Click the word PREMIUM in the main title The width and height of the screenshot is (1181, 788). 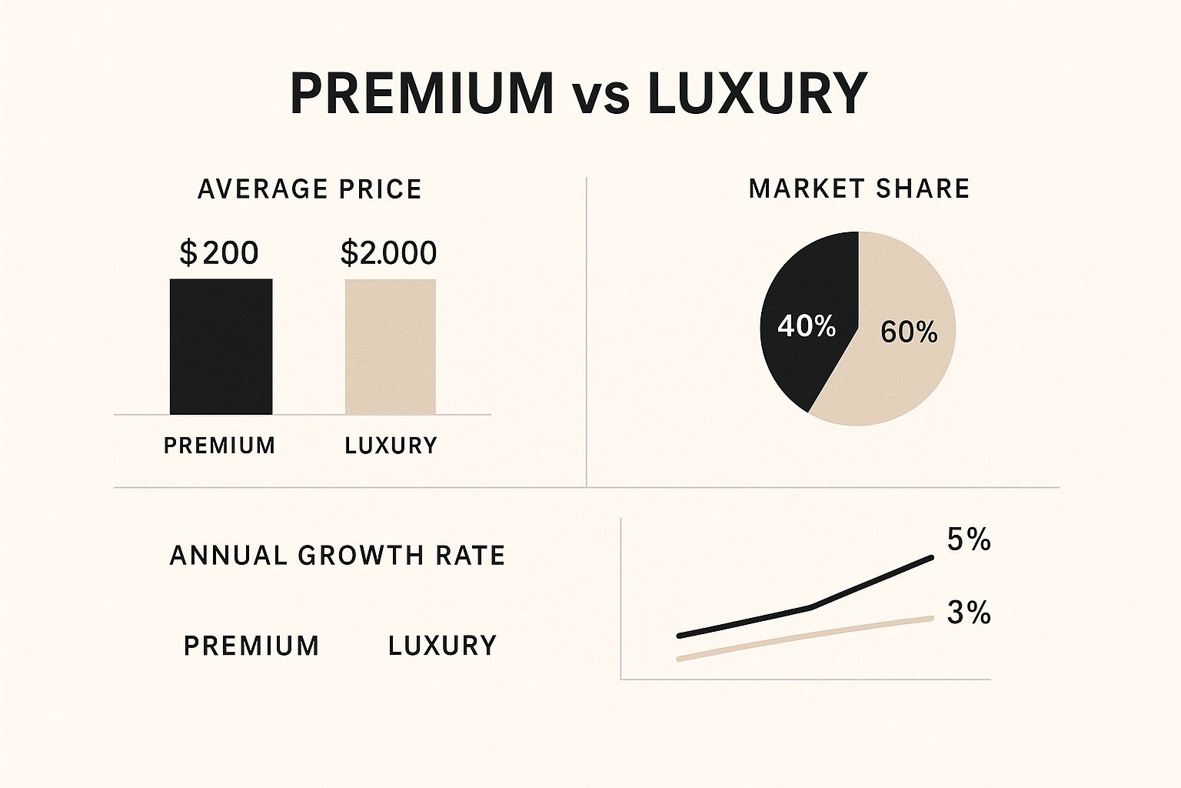pyautogui.click(x=421, y=94)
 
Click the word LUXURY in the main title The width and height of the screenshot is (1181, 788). pyautogui.click(x=757, y=94)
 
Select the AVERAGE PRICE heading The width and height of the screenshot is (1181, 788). pyautogui.click(x=309, y=189)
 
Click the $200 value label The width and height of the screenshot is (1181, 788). pyautogui.click(x=219, y=252)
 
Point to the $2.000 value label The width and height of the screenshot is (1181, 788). pyautogui.click(x=388, y=252)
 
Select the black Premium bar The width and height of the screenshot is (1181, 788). pyautogui.click(x=221, y=346)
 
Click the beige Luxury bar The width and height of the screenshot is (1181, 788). pyautogui.click(x=390, y=346)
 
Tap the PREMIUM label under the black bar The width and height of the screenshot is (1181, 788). pyautogui.click(x=219, y=446)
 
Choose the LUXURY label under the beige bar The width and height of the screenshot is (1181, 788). pyautogui.click(x=391, y=446)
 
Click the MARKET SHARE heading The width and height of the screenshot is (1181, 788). pyautogui.click(x=859, y=189)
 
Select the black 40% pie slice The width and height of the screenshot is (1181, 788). pyautogui.click(x=800, y=308)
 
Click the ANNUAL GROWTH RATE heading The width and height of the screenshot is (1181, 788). pyautogui.click(x=337, y=556)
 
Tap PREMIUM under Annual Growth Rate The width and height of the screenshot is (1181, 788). pyautogui.click(x=251, y=646)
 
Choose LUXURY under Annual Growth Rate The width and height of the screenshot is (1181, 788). pyautogui.click(x=442, y=646)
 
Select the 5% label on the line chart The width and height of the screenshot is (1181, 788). pyautogui.click(x=968, y=540)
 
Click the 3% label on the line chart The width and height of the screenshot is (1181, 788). pyautogui.click(x=968, y=613)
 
